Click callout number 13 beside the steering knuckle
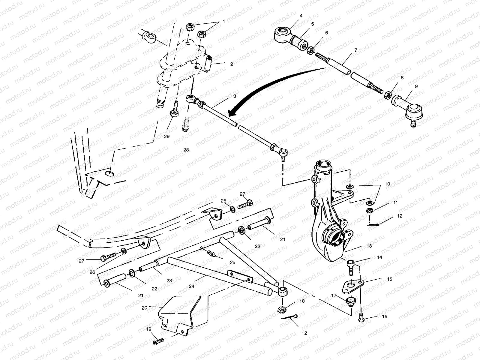(369, 246)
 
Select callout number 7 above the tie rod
(356, 50)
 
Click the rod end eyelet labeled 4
(283, 33)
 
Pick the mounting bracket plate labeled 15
(353, 284)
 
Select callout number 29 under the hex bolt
(167, 136)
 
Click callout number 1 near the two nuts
(223, 22)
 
